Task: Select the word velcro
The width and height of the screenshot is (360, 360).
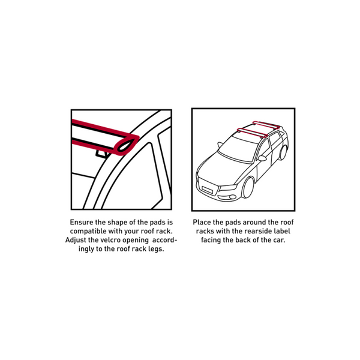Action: click(x=106, y=240)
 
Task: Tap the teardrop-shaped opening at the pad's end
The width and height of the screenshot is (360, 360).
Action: click(x=128, y=145)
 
